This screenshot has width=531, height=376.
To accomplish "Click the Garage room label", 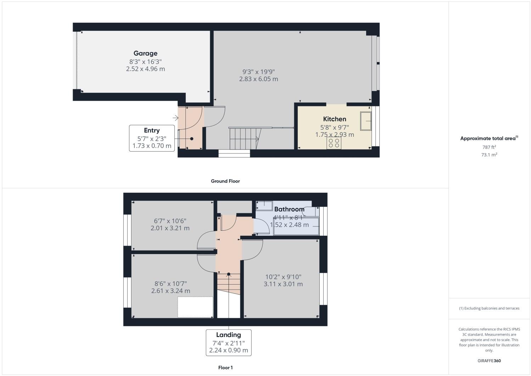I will click(145, 54).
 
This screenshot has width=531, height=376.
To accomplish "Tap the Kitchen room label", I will click(334, 119).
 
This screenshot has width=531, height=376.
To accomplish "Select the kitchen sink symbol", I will click(365, 121).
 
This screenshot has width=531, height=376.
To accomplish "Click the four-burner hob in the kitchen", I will click(334, 143).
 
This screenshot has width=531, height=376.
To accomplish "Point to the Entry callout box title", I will click(152, 130).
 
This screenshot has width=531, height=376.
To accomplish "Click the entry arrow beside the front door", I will click(175, 118).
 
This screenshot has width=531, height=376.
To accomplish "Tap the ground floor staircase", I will click(245, 139).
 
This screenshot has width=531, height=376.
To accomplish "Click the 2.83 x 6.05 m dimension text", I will click(258, 79).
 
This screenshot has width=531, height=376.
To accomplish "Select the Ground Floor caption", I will click(225, 181).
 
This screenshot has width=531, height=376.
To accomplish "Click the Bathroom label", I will click(289, 209).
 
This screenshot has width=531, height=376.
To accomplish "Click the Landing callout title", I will click(229, 335).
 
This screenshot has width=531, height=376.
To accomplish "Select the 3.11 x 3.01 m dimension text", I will click(283, 284).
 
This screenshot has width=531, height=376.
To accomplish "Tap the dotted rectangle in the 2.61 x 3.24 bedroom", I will click(195, 307).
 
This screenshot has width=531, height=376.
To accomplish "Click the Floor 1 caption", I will click(225, 368).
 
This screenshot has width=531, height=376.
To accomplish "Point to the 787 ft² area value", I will click(489, 147).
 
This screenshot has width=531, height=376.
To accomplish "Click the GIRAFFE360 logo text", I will click(489, 361).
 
